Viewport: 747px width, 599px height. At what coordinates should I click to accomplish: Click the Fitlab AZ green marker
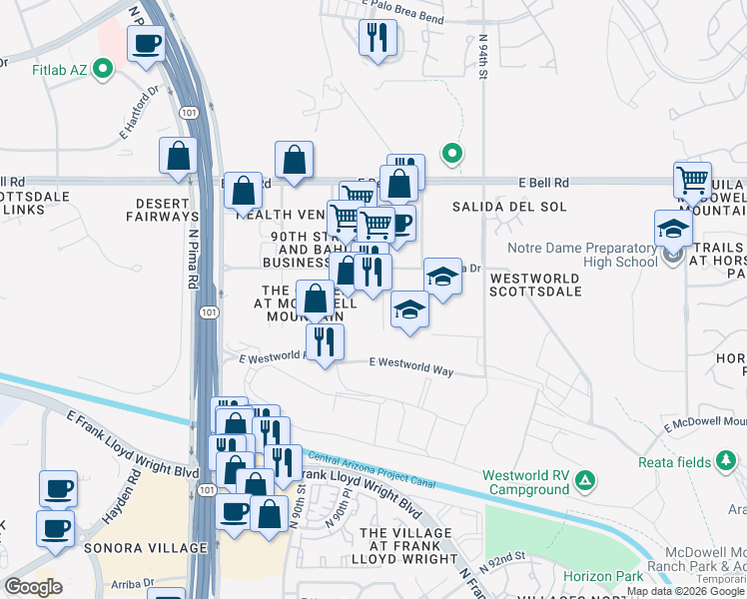pos(104,69)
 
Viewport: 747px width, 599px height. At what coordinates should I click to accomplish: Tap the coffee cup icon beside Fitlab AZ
pos(147,45)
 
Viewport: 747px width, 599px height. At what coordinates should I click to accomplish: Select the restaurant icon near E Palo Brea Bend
pos(376,38)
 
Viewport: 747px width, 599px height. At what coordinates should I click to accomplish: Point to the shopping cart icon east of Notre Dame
pos(692,181)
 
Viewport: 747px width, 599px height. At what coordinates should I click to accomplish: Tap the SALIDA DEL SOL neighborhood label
pos(509,207)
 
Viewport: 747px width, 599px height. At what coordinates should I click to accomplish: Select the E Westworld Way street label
pos(411,367)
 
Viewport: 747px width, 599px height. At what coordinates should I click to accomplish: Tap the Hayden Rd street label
pos(119,512)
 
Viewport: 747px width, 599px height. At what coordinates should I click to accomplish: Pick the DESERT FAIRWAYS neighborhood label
pos(161,208)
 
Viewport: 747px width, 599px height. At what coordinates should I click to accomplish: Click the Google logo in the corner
pos(33,587)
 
